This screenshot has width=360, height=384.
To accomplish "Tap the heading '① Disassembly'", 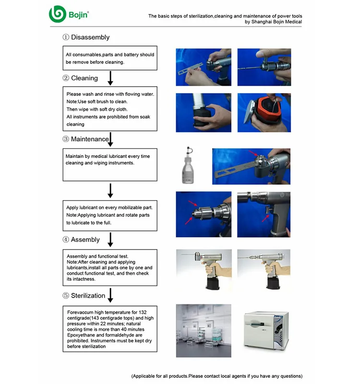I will (86, 37).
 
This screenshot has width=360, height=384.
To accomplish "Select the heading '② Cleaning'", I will (80, 78).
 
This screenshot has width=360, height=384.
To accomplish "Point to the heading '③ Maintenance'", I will (85, 139).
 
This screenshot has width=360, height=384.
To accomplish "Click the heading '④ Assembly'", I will (81, 240).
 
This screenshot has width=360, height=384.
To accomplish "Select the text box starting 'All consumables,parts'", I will (110, 58).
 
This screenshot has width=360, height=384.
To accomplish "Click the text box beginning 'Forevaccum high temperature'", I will (110, 329).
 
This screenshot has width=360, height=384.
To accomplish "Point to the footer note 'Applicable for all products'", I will (216, 376).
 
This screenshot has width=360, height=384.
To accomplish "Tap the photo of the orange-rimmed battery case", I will (263, 112).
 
